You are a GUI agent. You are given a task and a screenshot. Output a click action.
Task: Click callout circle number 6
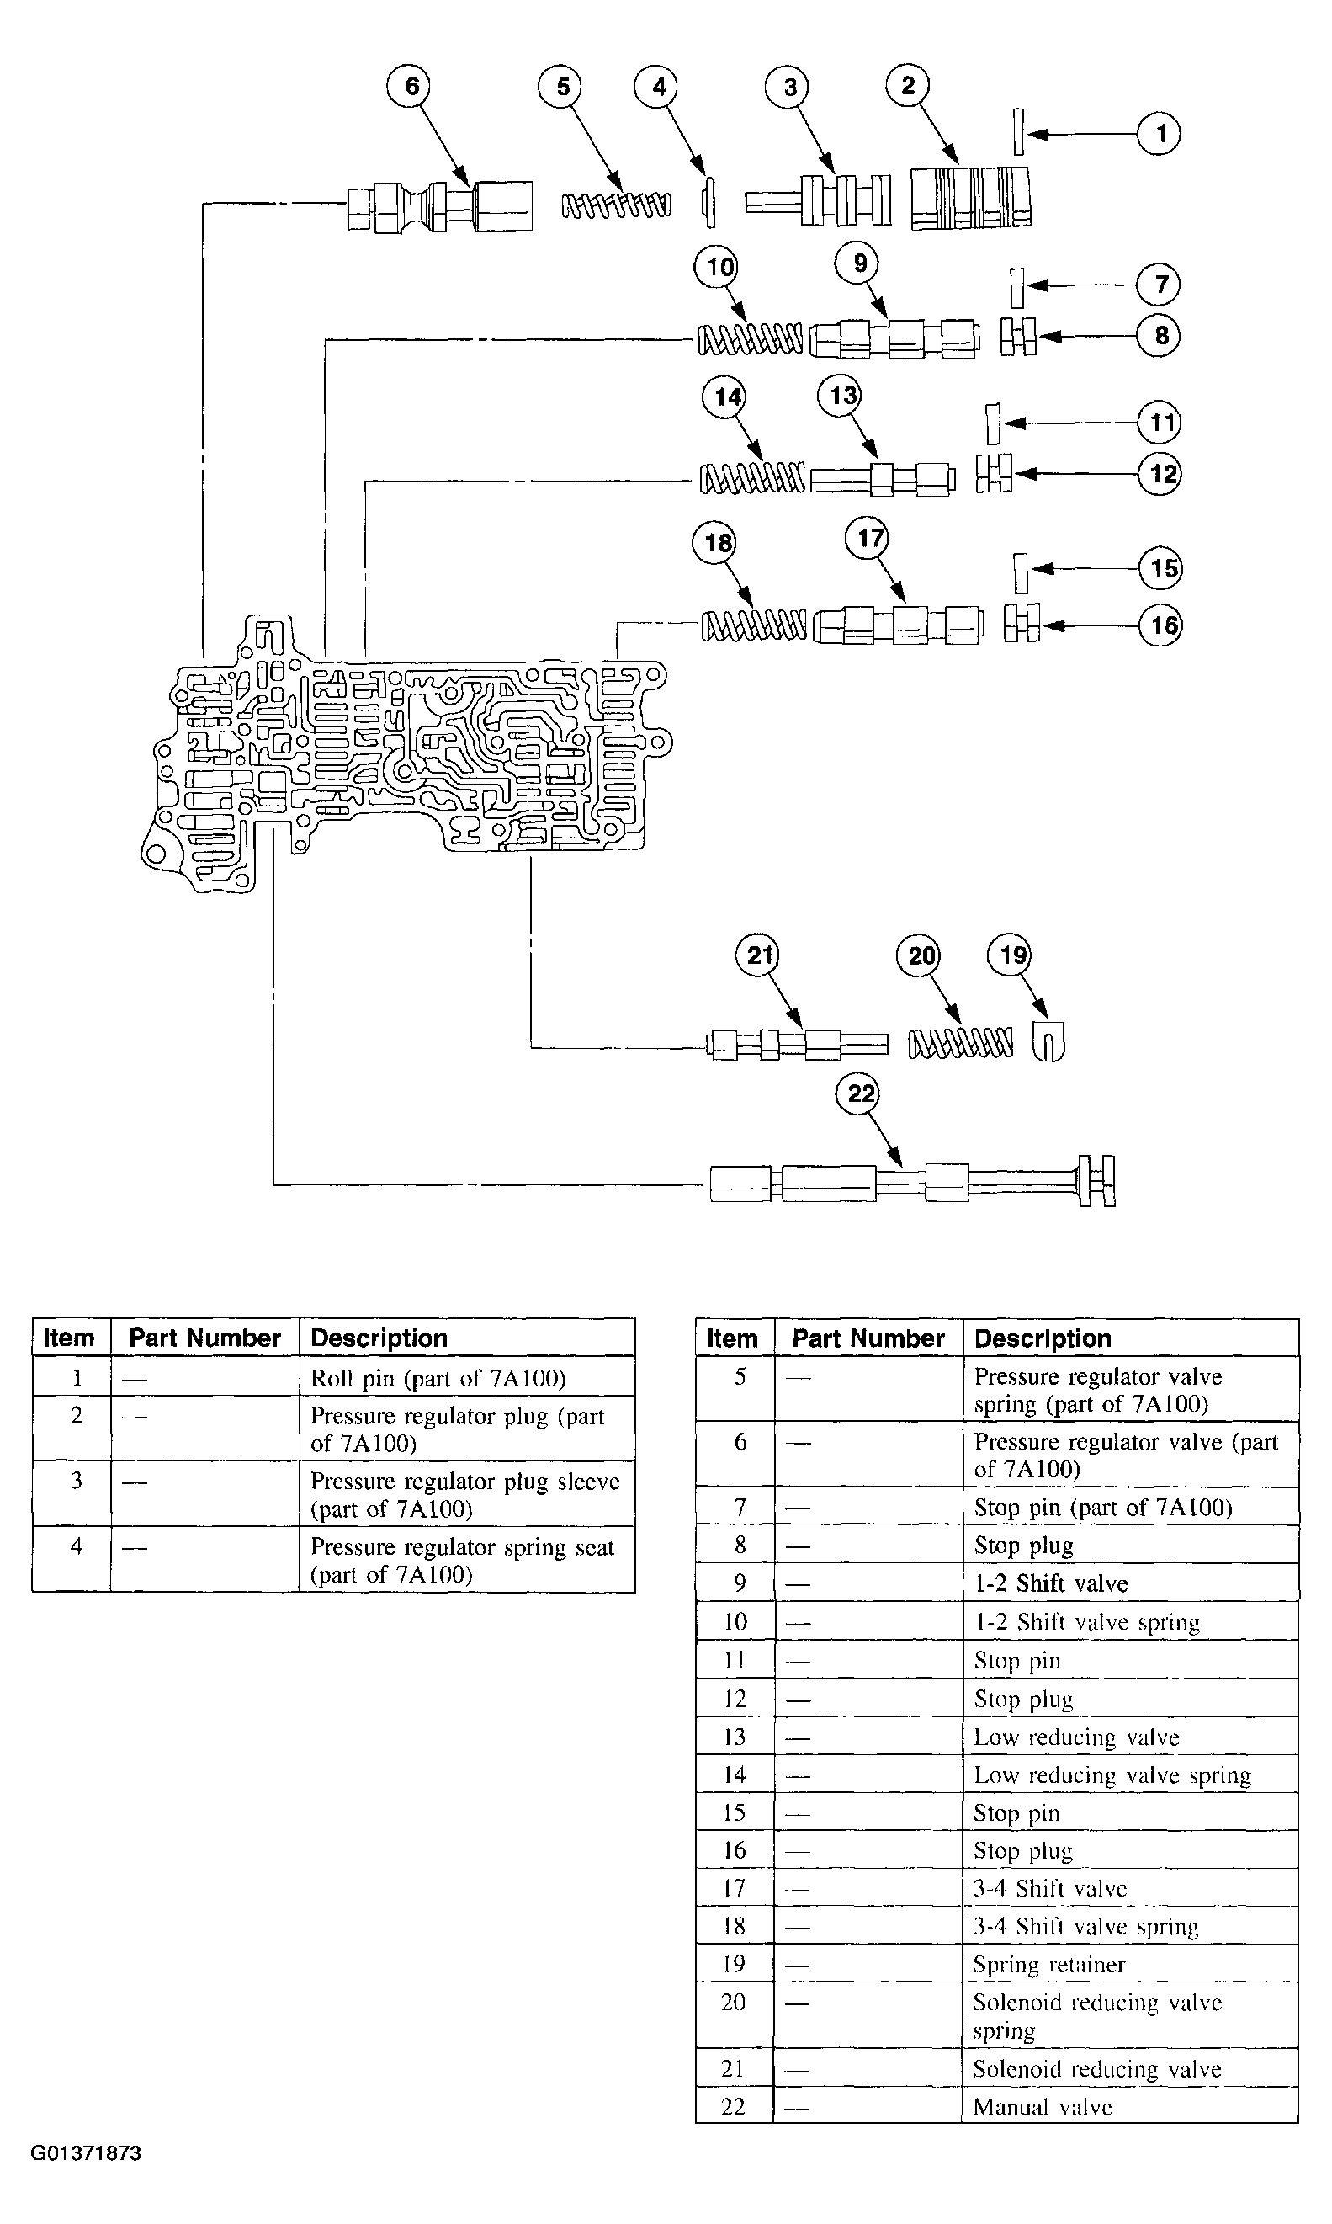tap(411, 86)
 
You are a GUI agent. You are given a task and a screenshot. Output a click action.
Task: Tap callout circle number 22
tap(861, 1093)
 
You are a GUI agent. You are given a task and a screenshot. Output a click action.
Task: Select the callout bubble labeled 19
tap(1011, 955)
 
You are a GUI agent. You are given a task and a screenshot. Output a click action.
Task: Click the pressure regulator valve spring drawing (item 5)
tap(616, 205)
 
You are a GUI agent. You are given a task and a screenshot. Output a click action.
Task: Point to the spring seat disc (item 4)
tap(708, 202)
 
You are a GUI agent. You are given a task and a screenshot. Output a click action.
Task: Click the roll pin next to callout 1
tap(1019, 132)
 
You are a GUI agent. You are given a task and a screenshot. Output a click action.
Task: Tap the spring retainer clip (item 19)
tap(1048, 1041)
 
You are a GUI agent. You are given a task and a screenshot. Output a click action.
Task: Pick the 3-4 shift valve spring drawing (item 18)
tap(754, 625)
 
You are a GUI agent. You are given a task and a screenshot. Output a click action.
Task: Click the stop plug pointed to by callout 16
tap(1022, 622)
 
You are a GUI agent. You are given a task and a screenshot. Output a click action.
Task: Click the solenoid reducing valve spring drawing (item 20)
tap(960, 1043)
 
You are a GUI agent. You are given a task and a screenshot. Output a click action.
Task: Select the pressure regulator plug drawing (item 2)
tap(970, 199)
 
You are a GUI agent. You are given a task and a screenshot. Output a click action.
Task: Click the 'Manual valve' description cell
tap(1042, 2106)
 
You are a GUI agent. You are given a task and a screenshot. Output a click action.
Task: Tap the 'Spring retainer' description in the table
tap(1048, 1965)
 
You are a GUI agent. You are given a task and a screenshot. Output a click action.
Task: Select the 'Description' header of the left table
tap(379, 1338)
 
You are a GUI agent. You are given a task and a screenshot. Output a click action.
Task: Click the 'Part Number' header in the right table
tap(868, 1338)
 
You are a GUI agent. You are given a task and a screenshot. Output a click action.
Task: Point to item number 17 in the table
tap(735, 1888)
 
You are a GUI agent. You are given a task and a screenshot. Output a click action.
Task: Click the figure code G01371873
tap(86, 2153)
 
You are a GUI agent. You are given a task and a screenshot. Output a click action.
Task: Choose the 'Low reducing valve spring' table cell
tap(1112, 1775)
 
